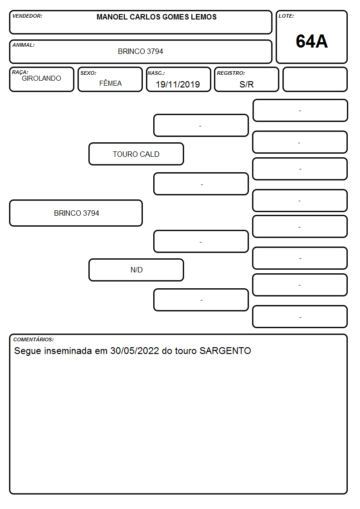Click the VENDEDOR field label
27,16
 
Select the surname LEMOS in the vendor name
204,17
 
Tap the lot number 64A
311,41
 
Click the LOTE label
286,16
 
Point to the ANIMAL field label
24,45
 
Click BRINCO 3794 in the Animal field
140,51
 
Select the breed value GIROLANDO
41,78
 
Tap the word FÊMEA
110,83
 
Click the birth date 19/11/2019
178,84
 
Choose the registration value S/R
246,84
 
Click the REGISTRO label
231,73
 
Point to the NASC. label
156,73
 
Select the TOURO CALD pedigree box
136,154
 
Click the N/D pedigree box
136,270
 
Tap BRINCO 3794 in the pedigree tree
76,213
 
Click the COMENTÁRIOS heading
34,339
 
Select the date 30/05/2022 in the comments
134,350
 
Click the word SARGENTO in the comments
225,350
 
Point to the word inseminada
68,350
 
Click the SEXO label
88,73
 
